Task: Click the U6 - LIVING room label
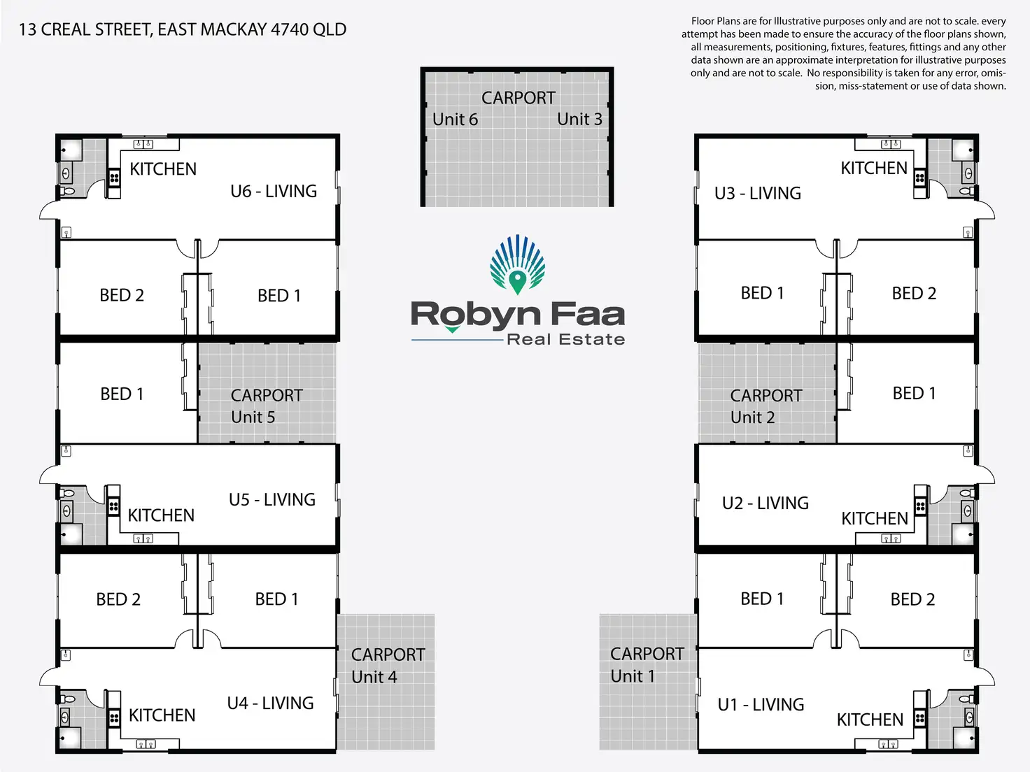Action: (274, 191)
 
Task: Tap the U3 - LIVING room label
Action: (758, 193)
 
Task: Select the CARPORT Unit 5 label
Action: (266, 406)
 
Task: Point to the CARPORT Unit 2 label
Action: (766, 406)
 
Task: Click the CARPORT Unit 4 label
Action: (388, 665)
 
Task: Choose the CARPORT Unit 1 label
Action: (647, 664)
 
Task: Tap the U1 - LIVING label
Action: (761, 704)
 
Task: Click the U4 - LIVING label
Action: (270, 703)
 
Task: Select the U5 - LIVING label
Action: (272, 499)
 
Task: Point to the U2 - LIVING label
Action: (765, 503)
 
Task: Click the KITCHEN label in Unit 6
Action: (163, 169)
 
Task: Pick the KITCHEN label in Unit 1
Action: (870, 720)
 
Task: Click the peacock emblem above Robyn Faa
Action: (517, 265)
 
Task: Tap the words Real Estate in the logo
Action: (565, 340)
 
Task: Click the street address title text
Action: (183, 29)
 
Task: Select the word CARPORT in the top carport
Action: (518, 98)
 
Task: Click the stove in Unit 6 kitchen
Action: (114, 178)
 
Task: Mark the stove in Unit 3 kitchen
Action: (920, 178)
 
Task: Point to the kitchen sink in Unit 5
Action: (143, 538)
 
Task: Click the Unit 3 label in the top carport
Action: (579, 120)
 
